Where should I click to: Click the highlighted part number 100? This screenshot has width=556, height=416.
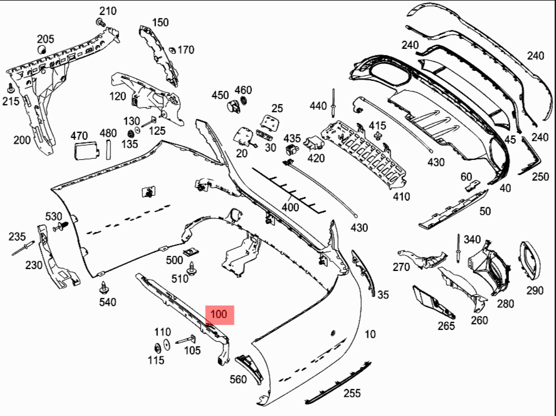click(x=219, y=314)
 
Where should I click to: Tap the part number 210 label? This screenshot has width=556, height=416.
click(x=108, y=11)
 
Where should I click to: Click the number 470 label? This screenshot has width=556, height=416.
click(x=79, y=135)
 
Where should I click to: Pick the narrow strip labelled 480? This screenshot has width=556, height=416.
click(x=108, y=149)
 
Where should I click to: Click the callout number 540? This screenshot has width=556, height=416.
click(x=108, y=302)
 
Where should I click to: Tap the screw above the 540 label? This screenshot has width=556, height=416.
click(x=103, y=288)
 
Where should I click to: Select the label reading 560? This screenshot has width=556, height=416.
click(x=238, y=379)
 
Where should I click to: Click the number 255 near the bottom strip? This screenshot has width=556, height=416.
click(x=352, y=393)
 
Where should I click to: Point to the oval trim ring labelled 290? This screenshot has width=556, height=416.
click(x=530, y=259)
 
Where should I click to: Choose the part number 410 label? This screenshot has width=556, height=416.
click(x=401, y=196)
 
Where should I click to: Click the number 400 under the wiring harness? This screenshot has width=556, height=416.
click(x=290, y=206)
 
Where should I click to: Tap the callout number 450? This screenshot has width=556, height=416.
click(x=220, y=95)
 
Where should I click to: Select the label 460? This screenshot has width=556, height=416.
click(x=243, y=90)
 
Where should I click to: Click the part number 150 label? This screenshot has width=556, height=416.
click(x=160, y=23)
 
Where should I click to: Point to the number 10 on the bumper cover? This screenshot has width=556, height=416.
click(x=370, y=334)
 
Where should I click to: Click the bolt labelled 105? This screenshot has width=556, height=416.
click(x=186, y=340)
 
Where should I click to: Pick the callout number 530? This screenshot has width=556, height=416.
click(x=53, y=216)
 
